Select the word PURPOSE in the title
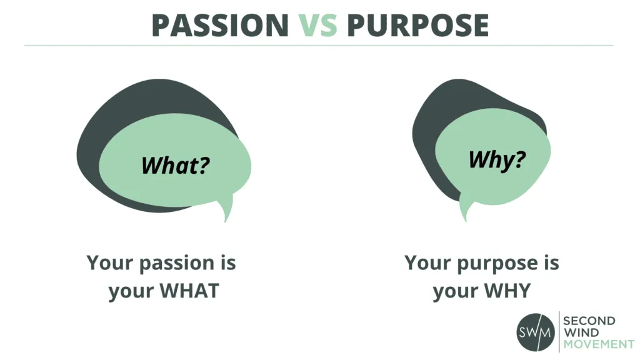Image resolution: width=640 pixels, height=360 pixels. coord(417,25)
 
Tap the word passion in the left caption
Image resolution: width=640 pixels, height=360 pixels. coord(173,263)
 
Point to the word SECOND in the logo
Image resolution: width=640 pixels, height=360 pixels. coord(589,321)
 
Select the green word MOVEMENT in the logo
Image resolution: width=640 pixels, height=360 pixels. coord(598,344)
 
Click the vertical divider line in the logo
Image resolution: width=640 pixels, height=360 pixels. coord(557,332)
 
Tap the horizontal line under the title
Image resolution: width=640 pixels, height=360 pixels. coord(319,46)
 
